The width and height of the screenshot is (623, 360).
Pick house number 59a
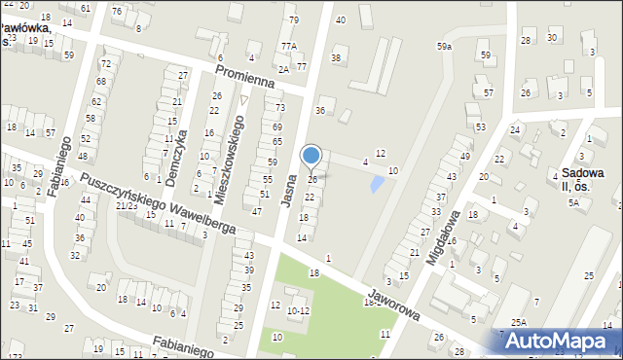click(445, 46)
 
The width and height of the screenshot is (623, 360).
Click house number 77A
click(288, 46)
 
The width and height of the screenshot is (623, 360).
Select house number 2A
click(282, 69)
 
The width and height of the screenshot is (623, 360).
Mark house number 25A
click(520, 322)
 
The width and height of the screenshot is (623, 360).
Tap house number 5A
click(574, 202)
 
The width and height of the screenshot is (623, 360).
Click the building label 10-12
click(298, 310)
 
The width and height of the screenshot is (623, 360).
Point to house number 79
click(293, 19)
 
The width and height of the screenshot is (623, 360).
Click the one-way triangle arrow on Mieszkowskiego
click(244, 99)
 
